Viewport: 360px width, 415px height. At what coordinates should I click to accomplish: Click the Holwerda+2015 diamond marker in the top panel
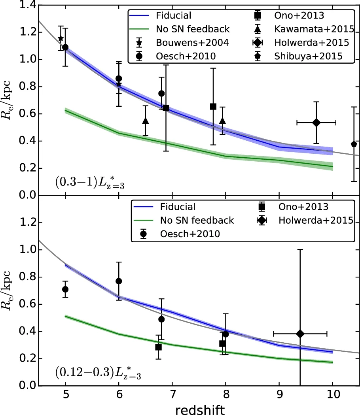[x=316, y=123]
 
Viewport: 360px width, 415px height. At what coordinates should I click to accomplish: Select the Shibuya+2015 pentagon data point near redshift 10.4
[x=354, y=144]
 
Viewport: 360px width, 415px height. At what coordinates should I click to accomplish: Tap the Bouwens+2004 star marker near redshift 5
[x=61, y=38]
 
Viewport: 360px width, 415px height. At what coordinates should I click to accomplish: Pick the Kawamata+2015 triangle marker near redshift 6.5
[x=146, y=121]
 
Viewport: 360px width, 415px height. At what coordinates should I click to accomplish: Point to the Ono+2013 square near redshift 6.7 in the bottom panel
[x=159, y=347]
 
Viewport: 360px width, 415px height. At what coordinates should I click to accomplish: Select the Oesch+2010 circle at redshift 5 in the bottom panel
[x=65, y=289]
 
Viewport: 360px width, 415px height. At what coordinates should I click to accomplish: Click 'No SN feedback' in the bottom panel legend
[x=197, y=220]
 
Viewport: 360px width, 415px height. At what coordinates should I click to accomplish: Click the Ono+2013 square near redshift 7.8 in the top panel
[x=213, y=106]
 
